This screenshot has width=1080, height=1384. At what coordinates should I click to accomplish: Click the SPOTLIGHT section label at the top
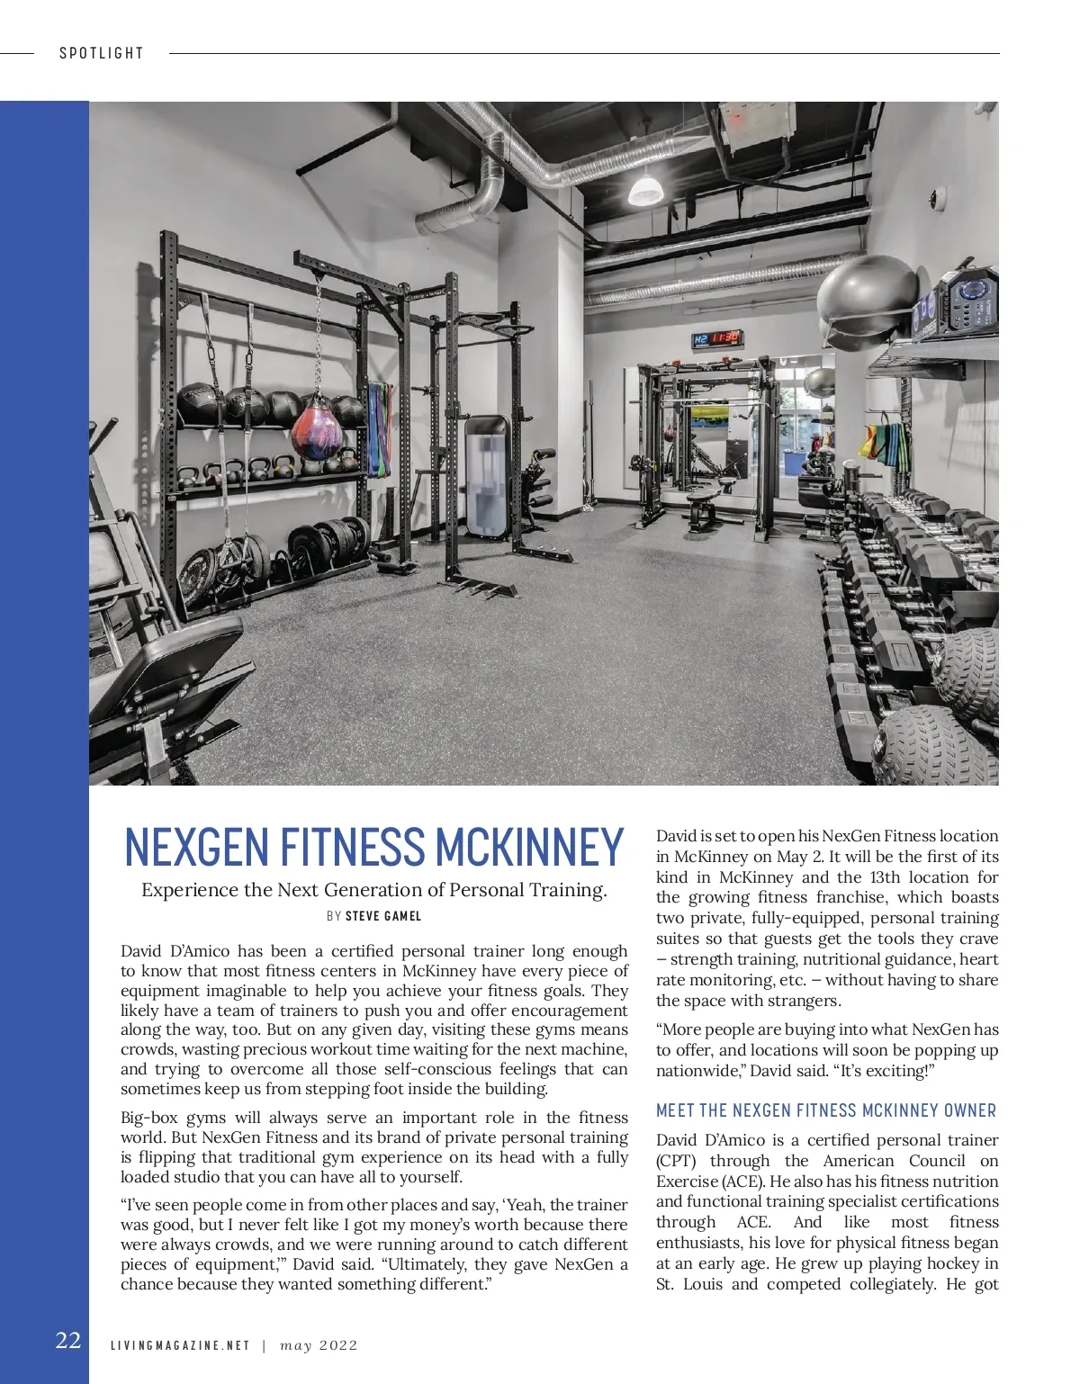(102, 53)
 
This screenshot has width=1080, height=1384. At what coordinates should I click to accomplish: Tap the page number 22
(68, 1341)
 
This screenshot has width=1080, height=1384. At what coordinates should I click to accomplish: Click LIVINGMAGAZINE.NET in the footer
(180, 1345)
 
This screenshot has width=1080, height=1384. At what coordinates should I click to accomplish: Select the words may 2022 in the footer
(319, 1345)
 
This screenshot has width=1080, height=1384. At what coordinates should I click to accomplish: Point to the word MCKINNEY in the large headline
(529, 847)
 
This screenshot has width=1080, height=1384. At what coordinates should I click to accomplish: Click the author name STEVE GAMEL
(383, 916)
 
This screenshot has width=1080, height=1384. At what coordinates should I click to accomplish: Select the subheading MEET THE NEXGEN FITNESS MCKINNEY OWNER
(826, 1110)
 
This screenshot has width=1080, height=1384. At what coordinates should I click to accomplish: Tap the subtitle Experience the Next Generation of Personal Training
(374, 890)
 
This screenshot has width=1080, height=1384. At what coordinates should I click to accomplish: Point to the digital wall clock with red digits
(717, 338)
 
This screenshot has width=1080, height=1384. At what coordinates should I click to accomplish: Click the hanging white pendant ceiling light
(644, 189)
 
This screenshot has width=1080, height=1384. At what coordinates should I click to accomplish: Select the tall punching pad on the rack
(488, 476)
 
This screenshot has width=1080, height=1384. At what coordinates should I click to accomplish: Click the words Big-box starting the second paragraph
(149, 1118)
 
